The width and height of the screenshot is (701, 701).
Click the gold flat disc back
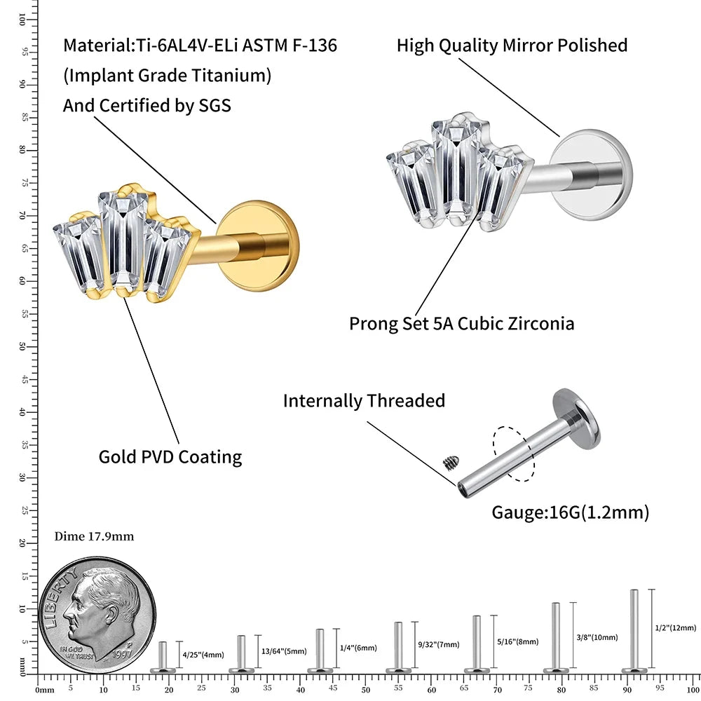coord(259,246)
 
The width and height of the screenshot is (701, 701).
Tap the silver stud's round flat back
coord(591,175)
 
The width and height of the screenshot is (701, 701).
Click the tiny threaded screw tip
coord(451,462)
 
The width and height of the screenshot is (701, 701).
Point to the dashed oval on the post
coord(514,454)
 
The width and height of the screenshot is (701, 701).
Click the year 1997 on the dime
coord(121,654)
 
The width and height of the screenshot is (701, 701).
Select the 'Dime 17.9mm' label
coord(94,536)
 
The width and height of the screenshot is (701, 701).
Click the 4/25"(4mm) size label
coord(203,655)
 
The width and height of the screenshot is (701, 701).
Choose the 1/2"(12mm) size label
coord(676,627)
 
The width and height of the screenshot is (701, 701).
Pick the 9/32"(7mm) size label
coord(439,644)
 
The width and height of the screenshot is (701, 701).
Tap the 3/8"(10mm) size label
coord(597,637)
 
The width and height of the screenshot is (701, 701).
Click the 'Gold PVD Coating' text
coord(170,457)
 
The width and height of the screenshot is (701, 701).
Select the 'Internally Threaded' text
coord(364,400)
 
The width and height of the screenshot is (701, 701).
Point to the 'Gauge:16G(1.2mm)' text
coord(571,512)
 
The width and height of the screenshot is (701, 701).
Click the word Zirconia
coord(541,323)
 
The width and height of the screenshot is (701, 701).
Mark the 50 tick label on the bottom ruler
coord(366,690)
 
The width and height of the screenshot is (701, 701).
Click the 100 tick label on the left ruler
coord(22,19)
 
